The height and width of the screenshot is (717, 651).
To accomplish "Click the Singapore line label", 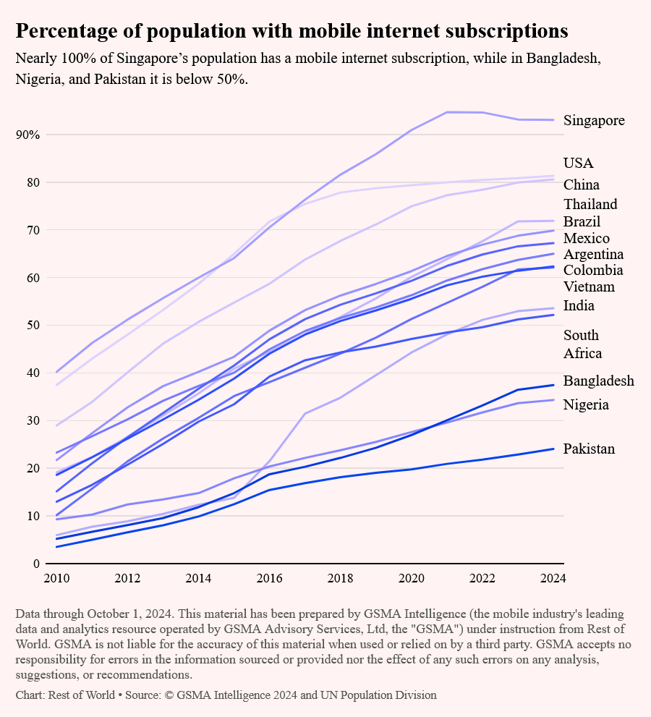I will [x=594, y=120].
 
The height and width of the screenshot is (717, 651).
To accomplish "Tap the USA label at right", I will [x=579, y=163].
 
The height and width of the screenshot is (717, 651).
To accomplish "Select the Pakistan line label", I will [x=590, y=449].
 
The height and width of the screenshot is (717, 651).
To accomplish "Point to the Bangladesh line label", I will [x=599, y=381].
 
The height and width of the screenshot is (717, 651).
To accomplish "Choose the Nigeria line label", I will [x=586, y=404].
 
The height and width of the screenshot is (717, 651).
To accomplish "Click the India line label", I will [x=579, y=305].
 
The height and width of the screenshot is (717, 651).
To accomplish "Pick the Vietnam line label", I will [x=590, y=287].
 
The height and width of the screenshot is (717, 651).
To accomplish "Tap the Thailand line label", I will [x=590, y=204].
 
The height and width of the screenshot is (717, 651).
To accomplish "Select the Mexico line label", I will [x=587, y=238].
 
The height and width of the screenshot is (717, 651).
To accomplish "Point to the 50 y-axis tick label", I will [x=33, y=326].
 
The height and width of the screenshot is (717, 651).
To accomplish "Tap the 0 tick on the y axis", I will [x=36, y=564].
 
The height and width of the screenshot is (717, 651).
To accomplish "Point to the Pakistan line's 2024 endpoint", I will [x=553, y=449].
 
